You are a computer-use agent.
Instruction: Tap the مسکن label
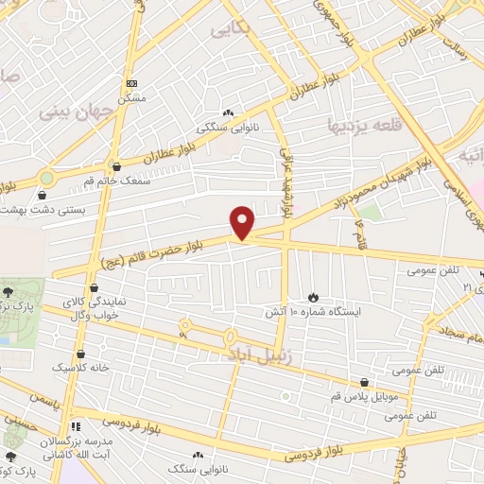coord(131,98)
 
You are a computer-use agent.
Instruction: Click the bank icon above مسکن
coord(131,84)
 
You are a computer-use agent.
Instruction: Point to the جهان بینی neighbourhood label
coord(76,111)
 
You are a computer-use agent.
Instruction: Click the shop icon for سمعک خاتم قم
coord(115,165)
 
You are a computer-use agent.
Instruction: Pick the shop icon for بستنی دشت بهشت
coord(43,196)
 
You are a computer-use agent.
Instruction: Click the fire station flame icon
coord(313,297)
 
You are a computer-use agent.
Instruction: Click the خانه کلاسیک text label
coord(83,367)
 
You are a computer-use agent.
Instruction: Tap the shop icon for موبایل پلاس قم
coord(365,383)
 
